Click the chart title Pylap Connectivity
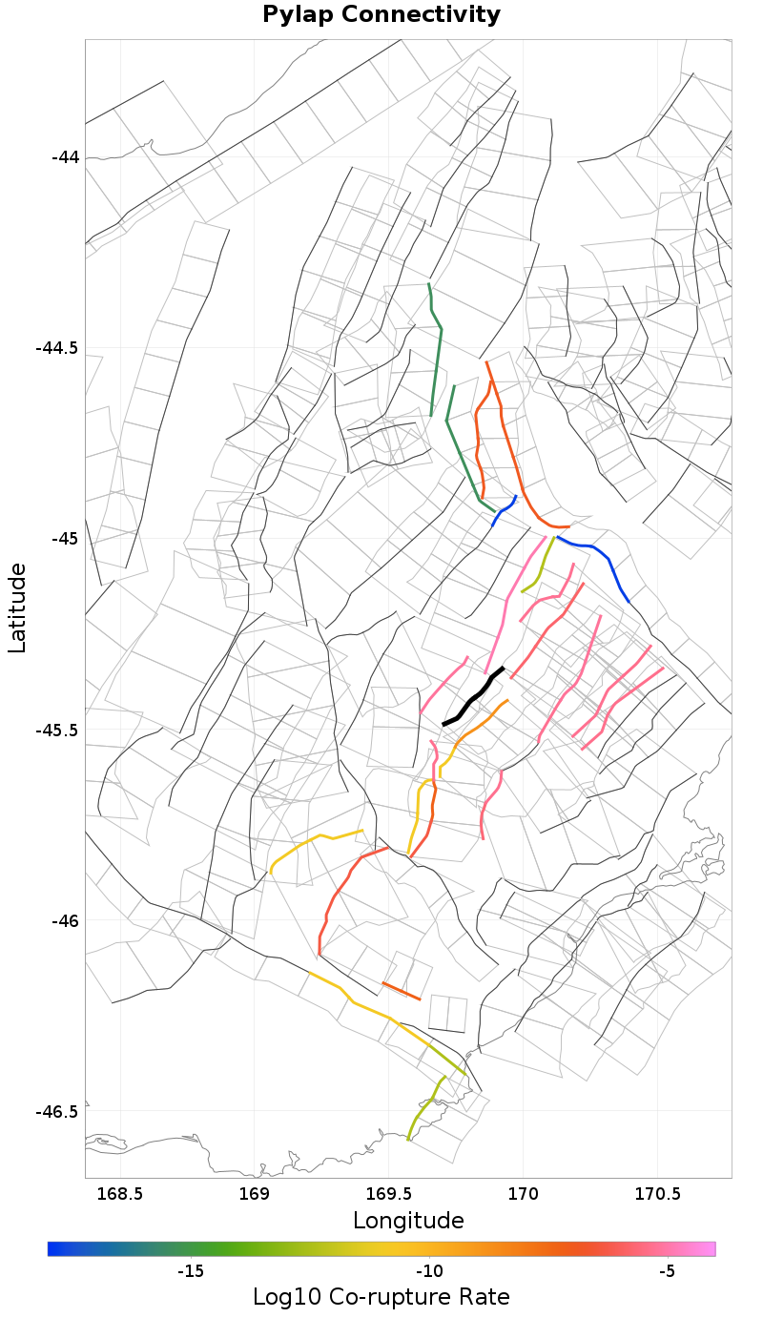pyautogui.click(x=381, y=15)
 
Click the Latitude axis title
pyautogui.click(x=17, y=608)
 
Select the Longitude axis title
pyautogui.click(x=408, y=1221)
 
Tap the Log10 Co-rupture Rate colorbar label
pyautogui.click(x=381, y=1297)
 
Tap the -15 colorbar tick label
pyautogui.click(x=191, y=1271)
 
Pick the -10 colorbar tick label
pyautogui.click(x=429, y=1271)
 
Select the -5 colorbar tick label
pyautogui.click(x=667, y=1271)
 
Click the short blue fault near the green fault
pyautogui.click(x=505, y=509)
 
